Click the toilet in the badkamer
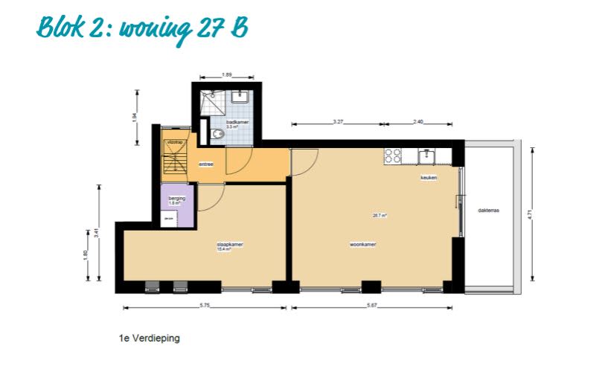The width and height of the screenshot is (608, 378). [x=217, y=134]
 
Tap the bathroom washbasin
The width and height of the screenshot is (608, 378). [x=240, y=96]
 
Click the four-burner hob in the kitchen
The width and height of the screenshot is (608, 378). [x=392, y=156]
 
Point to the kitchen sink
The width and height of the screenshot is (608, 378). [x=427, y=156]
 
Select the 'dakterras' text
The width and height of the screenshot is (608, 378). [x=488, y=211]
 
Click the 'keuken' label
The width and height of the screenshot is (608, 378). [x=428, y=178]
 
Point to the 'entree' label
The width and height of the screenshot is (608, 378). [x=206, y=164]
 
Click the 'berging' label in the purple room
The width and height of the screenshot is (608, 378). [x=176, y=199]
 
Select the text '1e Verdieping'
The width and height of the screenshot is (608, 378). [x=149, y=338]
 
